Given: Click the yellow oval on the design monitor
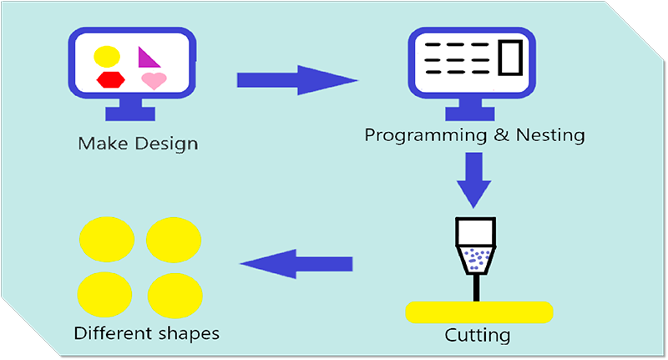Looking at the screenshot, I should point(107,57).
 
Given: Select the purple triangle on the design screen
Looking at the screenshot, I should point(148,58).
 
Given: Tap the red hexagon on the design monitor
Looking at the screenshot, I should point(110,79).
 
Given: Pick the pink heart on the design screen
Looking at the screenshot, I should point(153,80).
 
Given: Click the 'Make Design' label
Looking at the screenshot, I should point(138,143).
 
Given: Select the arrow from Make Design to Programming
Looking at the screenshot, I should point(296,80).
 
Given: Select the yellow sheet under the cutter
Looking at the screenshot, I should point(478,312).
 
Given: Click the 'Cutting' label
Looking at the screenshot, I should point(478,336).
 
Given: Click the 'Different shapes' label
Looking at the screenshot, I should point(146,333).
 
